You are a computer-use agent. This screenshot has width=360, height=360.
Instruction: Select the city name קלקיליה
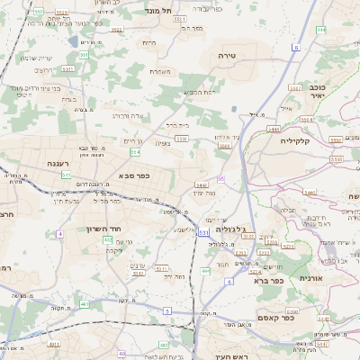[294, 140]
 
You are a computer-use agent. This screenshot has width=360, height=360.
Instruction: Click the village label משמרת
[161, 71]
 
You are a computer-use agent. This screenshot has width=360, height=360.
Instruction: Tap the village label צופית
[163, 142]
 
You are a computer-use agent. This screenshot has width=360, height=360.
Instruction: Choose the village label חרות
[148, 42]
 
